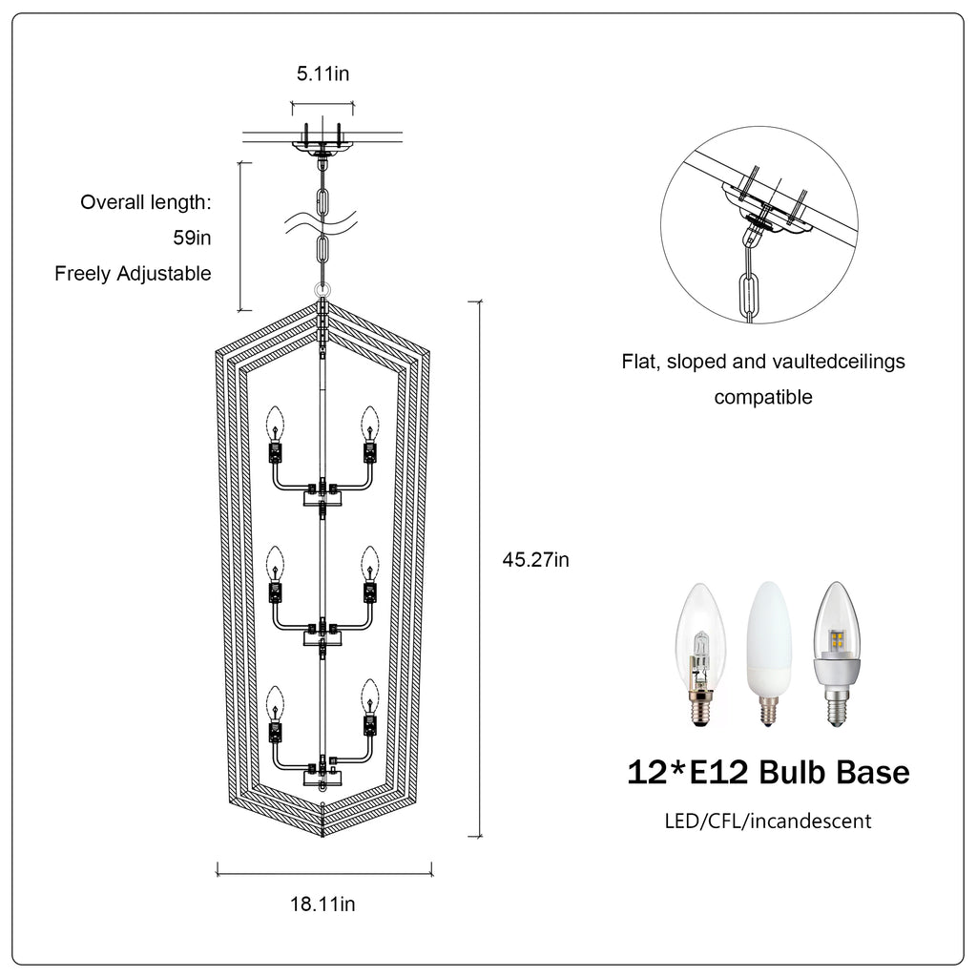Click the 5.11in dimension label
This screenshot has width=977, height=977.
click(322, 73)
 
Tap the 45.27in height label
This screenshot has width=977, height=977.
click(536, 559)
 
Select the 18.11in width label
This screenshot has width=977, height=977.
click(322, 904)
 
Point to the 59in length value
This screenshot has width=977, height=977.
click(192, 238)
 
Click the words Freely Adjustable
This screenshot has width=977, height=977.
click(133, 274)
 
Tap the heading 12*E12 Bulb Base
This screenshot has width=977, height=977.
click(768, 772)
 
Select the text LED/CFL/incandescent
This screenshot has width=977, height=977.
click(768, 821)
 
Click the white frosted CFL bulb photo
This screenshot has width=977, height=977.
click(769, 654)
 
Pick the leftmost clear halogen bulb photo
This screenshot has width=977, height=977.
click(701, 655)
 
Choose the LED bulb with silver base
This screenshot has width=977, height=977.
click(837, 654)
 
